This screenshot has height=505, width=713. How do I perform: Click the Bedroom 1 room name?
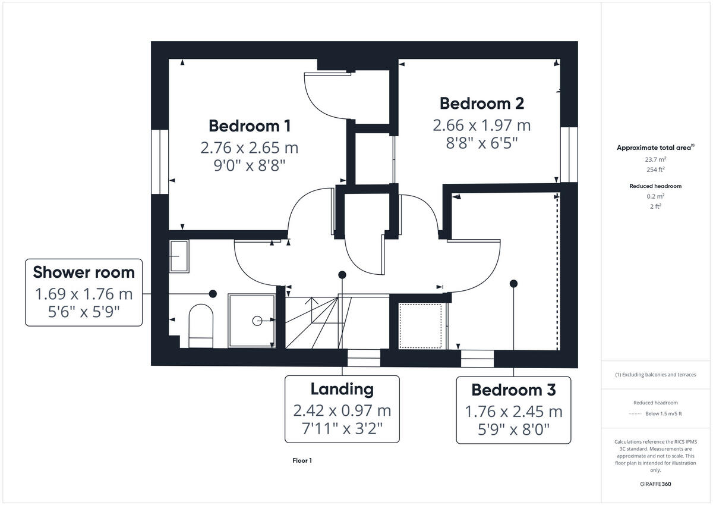pos(250,126)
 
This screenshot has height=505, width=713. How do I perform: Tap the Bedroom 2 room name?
pos(481,103)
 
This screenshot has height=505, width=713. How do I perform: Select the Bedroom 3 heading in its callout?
pos(513,390)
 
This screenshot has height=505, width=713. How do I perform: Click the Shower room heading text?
pos(84,272)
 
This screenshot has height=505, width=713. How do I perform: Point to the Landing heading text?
pos(342,389)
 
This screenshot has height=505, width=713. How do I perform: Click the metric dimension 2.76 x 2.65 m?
pos(250,147)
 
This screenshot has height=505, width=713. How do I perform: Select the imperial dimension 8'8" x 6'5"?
pos(481,143)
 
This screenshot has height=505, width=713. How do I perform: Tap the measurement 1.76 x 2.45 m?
pos(513,411)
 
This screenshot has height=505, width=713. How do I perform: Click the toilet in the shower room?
pos(200,326)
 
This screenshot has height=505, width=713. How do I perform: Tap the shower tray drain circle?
pos(257,321)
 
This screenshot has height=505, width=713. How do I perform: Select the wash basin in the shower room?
pos(179,256)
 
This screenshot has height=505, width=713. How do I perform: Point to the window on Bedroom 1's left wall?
pos(160,161)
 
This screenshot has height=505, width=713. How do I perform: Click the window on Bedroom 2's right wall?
pos(569,154)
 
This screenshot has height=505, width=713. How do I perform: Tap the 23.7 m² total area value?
pos(655,159)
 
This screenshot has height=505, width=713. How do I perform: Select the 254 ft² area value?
pos(655,169)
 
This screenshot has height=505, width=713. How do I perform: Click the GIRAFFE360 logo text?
pos(655,484)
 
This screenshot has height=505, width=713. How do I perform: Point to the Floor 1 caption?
pos(302,460)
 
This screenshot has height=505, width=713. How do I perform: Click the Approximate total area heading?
pos(655,148)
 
